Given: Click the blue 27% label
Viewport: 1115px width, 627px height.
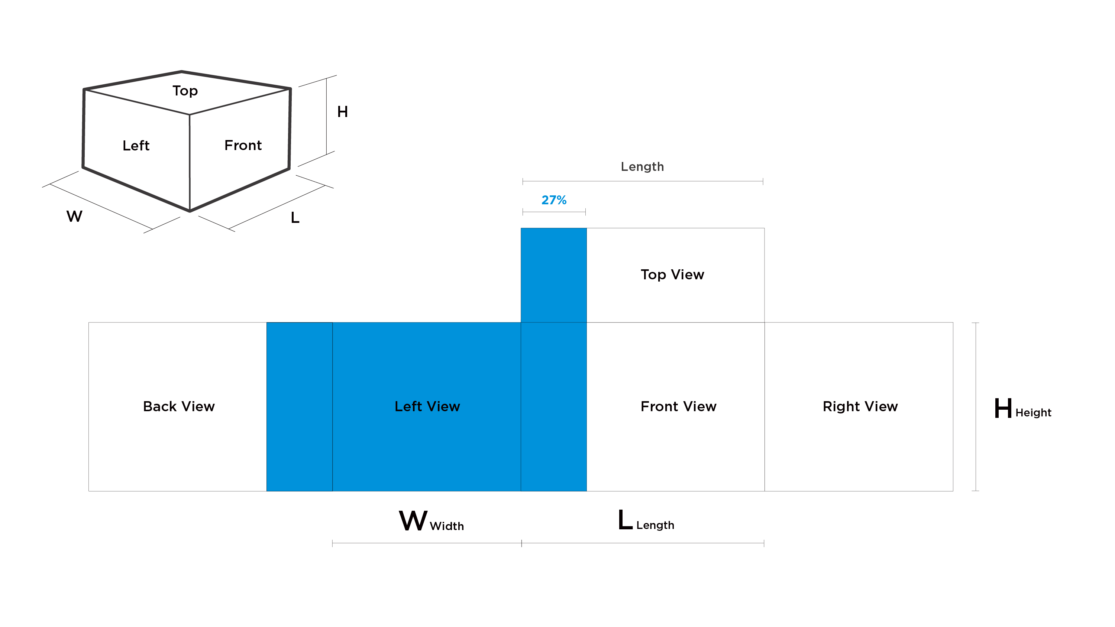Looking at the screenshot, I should click(x=554, y=200).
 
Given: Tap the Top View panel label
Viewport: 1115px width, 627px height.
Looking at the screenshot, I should click(x=672, y=275).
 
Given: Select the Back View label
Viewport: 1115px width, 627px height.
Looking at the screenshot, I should click(x=179, y=407).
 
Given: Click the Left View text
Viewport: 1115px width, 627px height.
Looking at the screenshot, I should click(x=427, y=407).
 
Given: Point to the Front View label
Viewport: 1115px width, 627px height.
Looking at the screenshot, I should click(x=678, y=407).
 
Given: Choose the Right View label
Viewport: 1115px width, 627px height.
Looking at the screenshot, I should click(x=860, y=407).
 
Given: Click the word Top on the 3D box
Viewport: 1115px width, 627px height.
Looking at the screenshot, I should click(x=185, y=91).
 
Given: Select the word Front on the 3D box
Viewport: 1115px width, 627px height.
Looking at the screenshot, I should click(x=243, y=145).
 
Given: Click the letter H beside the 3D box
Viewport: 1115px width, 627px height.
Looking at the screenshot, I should click(x=342, y=112).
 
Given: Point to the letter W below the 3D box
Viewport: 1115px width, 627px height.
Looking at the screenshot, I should click(x=74, y=216).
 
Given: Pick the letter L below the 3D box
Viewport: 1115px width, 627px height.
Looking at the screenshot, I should click(x=295, y=218).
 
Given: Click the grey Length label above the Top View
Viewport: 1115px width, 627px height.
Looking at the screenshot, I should click(x=642, y=167).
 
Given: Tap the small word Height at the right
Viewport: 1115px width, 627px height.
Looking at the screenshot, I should click(x=1033, y=413).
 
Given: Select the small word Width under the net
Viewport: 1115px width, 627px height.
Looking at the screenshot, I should click(x=447, y=526).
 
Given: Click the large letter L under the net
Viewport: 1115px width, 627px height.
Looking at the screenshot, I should click(x=625, y=520).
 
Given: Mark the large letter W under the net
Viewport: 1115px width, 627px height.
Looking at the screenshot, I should click(x=413, y=521).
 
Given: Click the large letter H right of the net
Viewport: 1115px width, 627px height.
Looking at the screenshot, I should click(x=1003, y=409).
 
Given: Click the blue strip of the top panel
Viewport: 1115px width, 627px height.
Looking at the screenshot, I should click(x=554, y=275).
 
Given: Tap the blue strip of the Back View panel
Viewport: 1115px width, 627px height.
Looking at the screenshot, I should click(x=300, y=407).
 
